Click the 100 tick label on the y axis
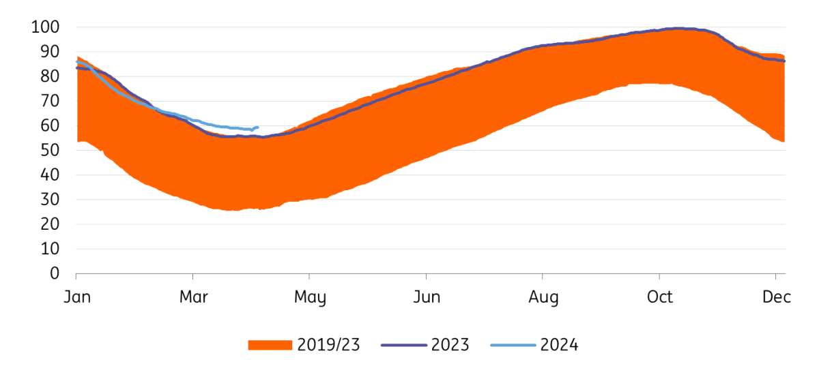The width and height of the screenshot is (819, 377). tap(45, 27)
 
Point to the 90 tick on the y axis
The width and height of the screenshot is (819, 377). tap(49, 52)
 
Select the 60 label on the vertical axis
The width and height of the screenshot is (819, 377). tap(49, 125)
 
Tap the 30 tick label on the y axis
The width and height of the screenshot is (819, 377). tap(49, 199)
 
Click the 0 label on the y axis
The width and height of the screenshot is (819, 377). tap(54, 273)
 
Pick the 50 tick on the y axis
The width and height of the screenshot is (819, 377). tap(49, 150)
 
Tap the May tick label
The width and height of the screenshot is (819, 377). tap(309, 297)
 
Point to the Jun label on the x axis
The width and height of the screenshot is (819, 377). tap(426, 297)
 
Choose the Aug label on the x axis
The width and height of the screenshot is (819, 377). tap(543, 297)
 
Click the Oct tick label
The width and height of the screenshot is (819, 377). tap(659, 297)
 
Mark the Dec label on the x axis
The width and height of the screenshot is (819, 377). tap(776, 297)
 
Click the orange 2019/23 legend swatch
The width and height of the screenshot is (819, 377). tap(270, 345)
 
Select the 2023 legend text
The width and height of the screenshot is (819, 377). tap(450, 345)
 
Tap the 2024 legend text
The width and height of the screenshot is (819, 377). tap(559, 345)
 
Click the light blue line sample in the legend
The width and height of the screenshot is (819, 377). tap(513, 345)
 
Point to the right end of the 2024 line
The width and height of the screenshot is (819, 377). tap(257, 127)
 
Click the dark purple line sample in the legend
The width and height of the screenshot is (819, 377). tap(403, 345)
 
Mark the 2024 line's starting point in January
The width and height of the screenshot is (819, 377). tap(76, 62)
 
